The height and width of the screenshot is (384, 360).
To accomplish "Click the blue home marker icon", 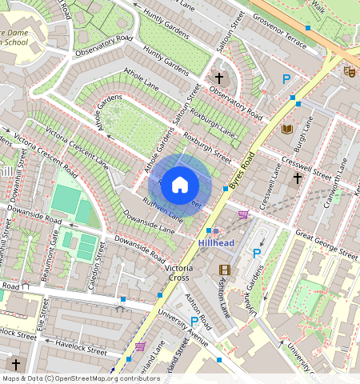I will click(x=180, y=185).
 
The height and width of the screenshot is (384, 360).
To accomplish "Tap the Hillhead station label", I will click(x=217, y=242).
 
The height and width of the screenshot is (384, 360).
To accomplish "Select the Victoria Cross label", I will click(x=177, y=272).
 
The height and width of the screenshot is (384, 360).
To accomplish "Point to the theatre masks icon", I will click(x=350, y=71).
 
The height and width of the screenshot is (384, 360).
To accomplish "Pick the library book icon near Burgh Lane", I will click(x=287, y=129).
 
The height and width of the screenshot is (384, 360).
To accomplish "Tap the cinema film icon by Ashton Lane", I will click(x=224, y=270).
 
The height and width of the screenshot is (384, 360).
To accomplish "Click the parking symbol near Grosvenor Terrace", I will click(x=286, y=79).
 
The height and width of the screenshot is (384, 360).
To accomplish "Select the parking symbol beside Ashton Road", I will click(x=194, y=322).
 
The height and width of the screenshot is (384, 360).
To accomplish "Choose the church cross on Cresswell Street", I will click(x=297, y=178).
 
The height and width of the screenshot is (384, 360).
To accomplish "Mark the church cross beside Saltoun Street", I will click(x=218, y=78).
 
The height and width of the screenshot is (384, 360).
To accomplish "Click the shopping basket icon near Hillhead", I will click(x=243, y=214).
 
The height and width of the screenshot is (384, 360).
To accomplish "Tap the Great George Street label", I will click(x=326, y=244).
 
